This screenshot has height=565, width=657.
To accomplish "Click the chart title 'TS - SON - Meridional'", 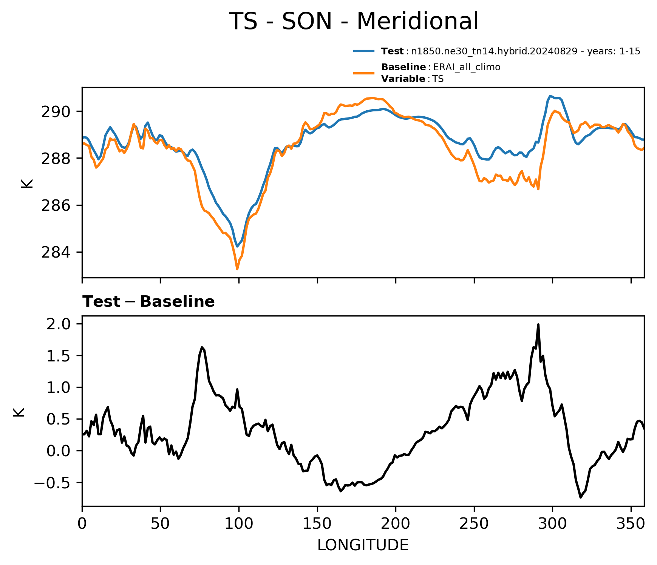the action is coord(354,21).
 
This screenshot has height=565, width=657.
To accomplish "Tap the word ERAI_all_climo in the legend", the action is coord(467,67).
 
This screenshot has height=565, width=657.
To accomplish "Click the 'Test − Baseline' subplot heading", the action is coord(148,302).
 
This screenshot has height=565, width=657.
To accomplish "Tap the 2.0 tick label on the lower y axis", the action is coord(59,324).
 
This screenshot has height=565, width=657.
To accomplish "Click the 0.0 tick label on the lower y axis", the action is coord(59,451).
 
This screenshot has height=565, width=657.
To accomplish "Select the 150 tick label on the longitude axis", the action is coord(317,523).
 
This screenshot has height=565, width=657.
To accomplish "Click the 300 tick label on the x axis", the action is coord(552,523).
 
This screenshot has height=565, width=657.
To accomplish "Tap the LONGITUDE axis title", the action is coord(363,545).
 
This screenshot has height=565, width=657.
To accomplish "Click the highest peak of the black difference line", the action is coord(538,324).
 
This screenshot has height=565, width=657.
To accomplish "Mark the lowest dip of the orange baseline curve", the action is coord(237,269).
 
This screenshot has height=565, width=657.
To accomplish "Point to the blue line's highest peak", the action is coord(550,96).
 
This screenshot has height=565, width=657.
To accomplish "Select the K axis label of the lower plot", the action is coord(19,412).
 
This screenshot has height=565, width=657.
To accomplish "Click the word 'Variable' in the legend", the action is coord(403,79).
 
